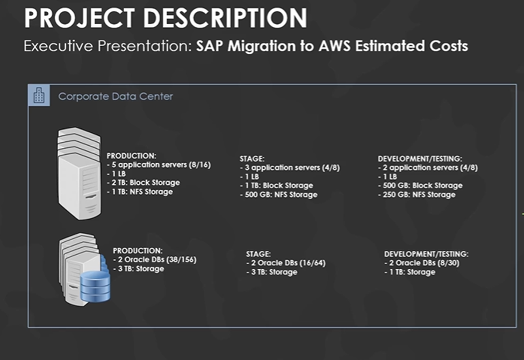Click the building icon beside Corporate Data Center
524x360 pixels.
pos(39,96)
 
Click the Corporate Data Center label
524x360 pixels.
pos(116,97)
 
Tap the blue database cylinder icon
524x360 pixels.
pos(95,285)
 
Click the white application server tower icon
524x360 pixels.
pos(78,173)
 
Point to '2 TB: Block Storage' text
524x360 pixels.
pos(145,183)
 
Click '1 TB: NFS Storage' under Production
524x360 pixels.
pos(141,192)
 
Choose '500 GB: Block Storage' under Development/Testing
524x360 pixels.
pos(421,185)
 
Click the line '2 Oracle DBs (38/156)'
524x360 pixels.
pos(155,260)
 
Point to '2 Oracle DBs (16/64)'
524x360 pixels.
pos(286,263)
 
